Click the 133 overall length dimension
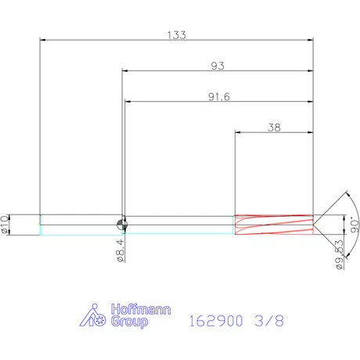click(x=177, y=35)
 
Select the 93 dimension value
click(x=218, y=66)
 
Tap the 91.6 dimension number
click(x=219, y=97)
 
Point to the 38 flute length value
click(x=274, y=128)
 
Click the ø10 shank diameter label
click(x=5, y=225)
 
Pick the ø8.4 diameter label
click(x=121, y=251)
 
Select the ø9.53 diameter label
click(x=340, y=255)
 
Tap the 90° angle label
click(x=355, y=225)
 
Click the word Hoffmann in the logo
click(x=141, y=309)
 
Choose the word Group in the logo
click(x=129, y=322)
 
